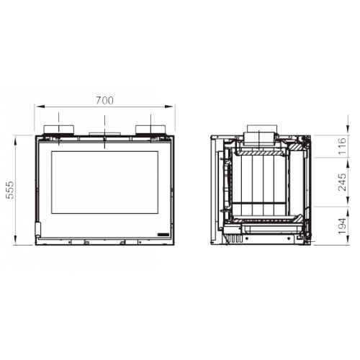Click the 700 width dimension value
pyautogui.click(x=104, y=100)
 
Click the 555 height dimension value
pyautogui.click(x=10, y=190)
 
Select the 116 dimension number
pyautogui.click(x=342, y=146)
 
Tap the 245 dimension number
pyautogui.click(x=342, y=182)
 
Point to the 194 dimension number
pyautogui.click(x=342, y=226)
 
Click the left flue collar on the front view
pyautogui.click(x=58, y=130)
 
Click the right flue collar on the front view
pyautogui.click(x=150, y=130)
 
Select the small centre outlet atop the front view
pyautogui.click(x=104, y=134)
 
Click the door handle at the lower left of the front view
pyautogui.click(x=38, y=230)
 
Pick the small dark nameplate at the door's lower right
pyautogui.click(x=163, y=235)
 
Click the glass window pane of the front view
pyautogui.click(x=104, y=182)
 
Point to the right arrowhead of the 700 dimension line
pyautogui.click(x=168, y=107)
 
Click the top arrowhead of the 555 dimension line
pyautogui.click(x=16, y=140)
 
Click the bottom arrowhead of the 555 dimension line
pyautogui.click(x=16, y=240)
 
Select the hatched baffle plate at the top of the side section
pyautogui.click(x=261, y=153)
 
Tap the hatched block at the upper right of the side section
pyautogui.click(x=296, y=147)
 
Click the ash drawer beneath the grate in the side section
pyautogui.click(x=271, y=229)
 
